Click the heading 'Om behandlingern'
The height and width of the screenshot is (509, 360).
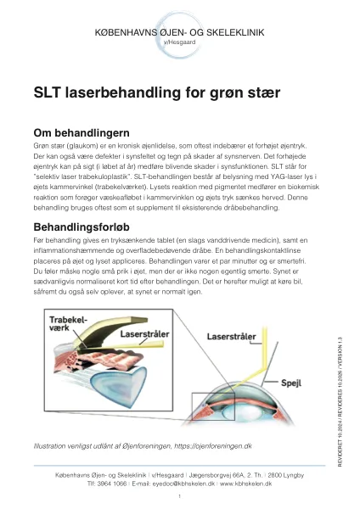pos(81,133)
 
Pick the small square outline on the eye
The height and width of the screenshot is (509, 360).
pos(210,408)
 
